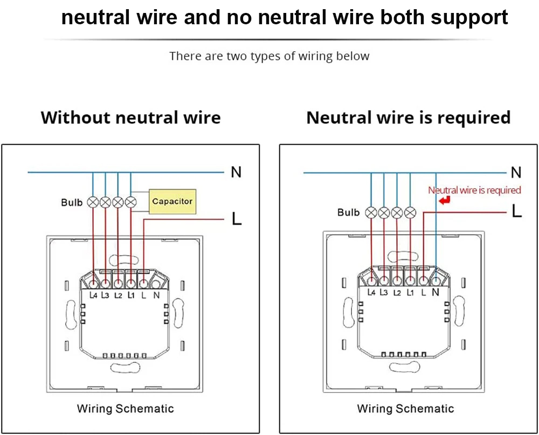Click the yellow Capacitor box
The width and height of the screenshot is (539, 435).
172,201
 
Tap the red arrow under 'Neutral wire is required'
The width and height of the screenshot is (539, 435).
445,201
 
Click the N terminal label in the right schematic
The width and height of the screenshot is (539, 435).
436,292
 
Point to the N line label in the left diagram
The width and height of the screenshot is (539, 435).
236,172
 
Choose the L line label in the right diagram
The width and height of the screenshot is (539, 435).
516,212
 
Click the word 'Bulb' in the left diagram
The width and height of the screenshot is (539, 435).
72,203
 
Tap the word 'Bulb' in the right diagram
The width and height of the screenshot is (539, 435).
348,212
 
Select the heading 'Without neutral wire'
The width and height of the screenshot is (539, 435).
130,118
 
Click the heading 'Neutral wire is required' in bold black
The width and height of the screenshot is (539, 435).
408,118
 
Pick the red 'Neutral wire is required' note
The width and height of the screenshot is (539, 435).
474,190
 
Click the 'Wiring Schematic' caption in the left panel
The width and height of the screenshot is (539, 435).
126,408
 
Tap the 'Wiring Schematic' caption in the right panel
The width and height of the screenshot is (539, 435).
405,409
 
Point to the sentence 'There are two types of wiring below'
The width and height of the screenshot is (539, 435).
269,56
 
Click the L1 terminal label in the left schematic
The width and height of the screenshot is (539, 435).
131,295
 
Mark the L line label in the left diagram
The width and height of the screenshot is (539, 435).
236,219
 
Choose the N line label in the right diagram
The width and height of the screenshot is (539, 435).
516,172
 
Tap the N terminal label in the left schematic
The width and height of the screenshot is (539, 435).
156,295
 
